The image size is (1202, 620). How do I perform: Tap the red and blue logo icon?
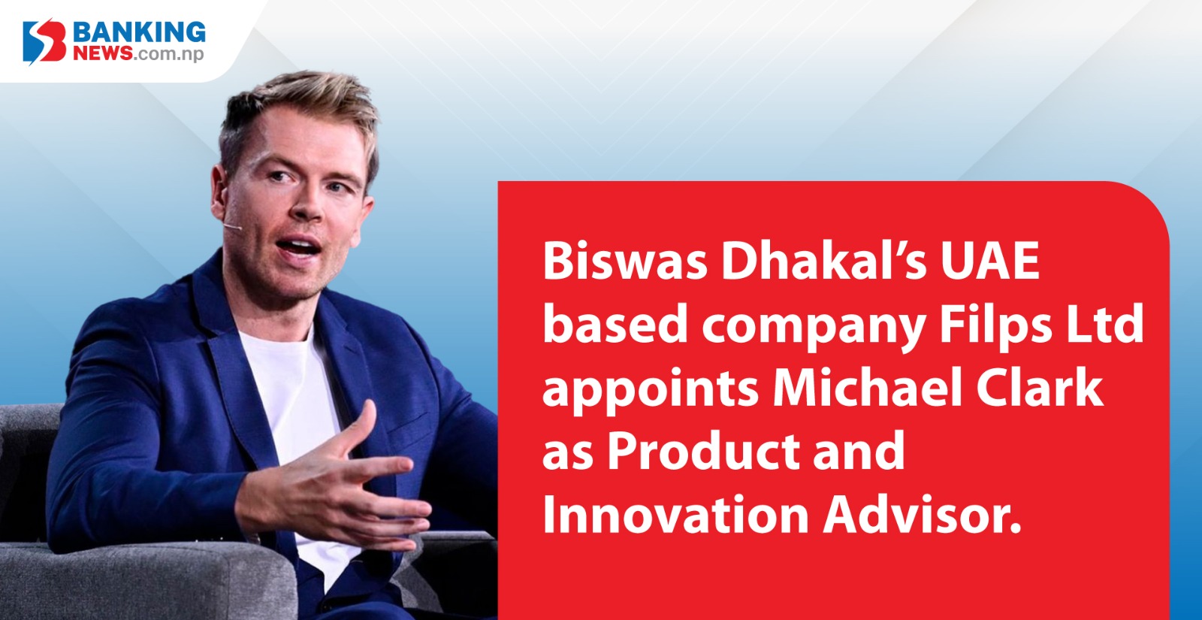point(44,41)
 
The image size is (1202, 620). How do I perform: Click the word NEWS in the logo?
point(102,53)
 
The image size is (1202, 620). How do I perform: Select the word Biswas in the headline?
point(625,261)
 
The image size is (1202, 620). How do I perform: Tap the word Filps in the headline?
point(996,325)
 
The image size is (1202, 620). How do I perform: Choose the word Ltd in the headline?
point(1105,324)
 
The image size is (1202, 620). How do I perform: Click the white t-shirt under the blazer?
point(292,408)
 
